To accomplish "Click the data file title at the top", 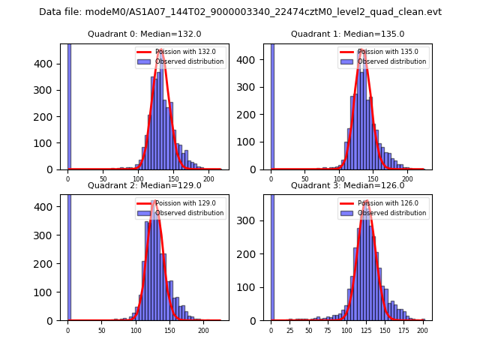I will tap(240, 12).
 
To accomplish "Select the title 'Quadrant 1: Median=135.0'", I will tap(347, 34).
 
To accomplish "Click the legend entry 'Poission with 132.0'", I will tap(180, 52).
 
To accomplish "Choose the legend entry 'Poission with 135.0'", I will tap(383, 52).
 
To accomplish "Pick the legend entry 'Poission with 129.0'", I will tap(180, 203).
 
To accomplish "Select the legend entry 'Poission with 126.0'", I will tap(383, 203).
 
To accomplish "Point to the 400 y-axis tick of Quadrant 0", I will tap(50, 64).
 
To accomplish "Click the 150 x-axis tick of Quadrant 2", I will tap(169, 330).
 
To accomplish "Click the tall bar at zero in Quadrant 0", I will tap(69, 105).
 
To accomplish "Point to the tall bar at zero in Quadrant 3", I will tap(272, 255).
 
